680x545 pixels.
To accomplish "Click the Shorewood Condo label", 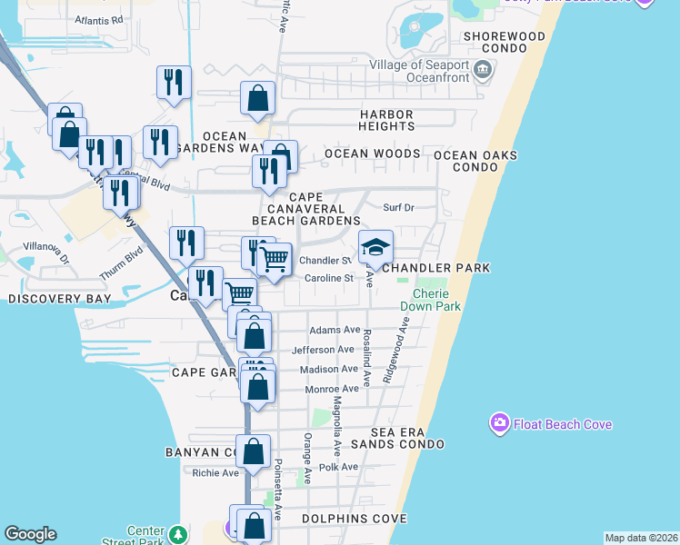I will (x=504, y=36).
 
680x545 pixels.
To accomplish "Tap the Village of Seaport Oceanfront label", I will (x=419, y=71).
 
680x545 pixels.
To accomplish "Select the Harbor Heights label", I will (x=386, y=120).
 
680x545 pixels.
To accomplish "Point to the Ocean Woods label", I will (x=372, y=154).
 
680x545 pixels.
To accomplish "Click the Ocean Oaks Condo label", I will (x=475, y=161).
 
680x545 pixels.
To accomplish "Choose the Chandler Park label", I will (x=436, y=268).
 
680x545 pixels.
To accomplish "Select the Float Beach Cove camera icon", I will (x=499, y=423).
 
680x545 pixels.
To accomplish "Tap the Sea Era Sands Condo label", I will (x=408, y=438).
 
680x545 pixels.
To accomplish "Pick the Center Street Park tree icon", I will (x=180, y=532).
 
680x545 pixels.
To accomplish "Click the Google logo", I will (x=30, y=534).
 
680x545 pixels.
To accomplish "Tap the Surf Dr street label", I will (x=398, y=207).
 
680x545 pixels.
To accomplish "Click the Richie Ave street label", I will (x=215, y=472).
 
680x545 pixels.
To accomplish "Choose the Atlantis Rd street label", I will (x=99, y=19).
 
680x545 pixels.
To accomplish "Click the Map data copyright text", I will (x=642, y=538).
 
